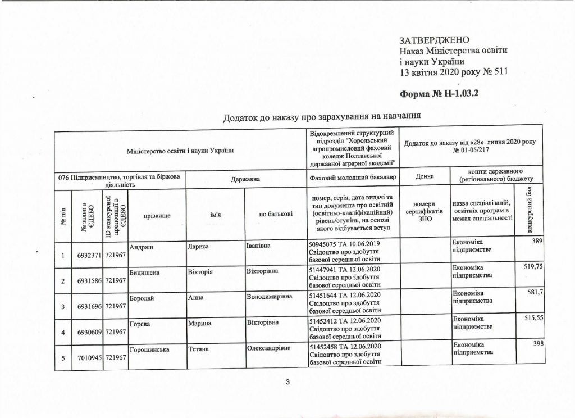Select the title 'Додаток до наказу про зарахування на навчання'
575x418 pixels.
click(x=322, y=117)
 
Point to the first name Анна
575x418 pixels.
click(x=197, y=296)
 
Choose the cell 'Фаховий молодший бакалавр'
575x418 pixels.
click(x=352, y=178)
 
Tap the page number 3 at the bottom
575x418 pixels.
click(x=287, y=383)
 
